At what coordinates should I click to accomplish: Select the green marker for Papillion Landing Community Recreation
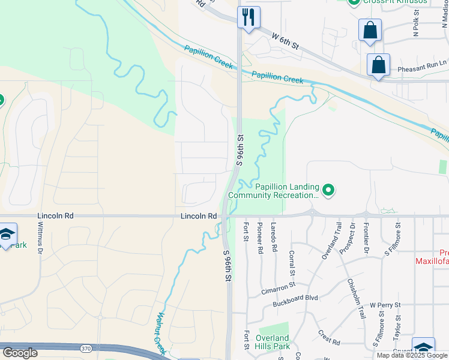[328, 191]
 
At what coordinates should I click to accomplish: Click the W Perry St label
[385, 305]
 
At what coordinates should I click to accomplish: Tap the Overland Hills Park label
[273, 342]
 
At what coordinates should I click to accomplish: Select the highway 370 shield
[86, 347]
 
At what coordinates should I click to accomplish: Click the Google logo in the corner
[20, 353]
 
